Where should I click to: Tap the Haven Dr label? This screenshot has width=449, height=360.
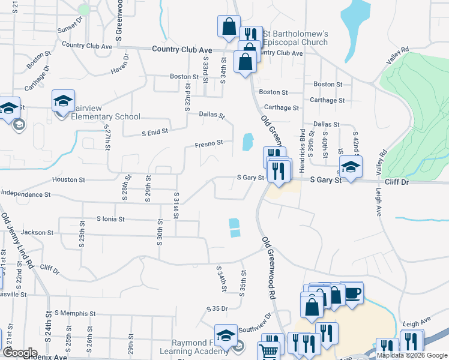124,65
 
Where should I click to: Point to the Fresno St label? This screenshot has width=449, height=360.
209,143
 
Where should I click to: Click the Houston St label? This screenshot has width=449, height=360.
69,179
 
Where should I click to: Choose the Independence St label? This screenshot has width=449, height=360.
25,194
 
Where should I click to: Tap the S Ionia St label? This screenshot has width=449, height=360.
110,220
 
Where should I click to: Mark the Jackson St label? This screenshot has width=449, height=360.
38,232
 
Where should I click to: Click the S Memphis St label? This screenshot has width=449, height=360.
75,313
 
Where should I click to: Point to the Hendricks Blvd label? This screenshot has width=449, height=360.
302,143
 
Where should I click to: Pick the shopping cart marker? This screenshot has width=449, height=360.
269,351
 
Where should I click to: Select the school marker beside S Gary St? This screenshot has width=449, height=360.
351,166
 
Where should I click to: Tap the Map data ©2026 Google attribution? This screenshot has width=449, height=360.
411,355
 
